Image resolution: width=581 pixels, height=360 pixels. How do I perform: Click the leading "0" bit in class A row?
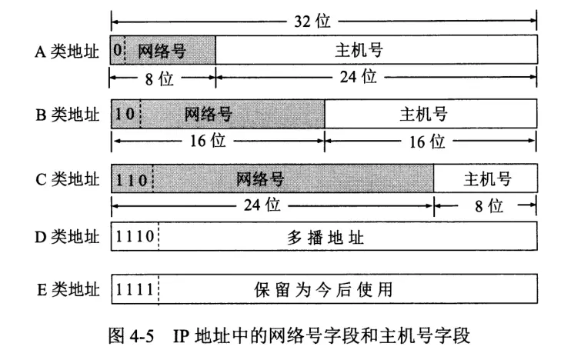click(117, 52)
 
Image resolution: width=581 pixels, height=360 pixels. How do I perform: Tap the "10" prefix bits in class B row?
click(125, 115)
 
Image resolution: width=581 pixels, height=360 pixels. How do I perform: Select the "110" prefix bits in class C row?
click(132, 179)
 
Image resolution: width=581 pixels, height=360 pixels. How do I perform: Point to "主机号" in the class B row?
click(424, 115)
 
